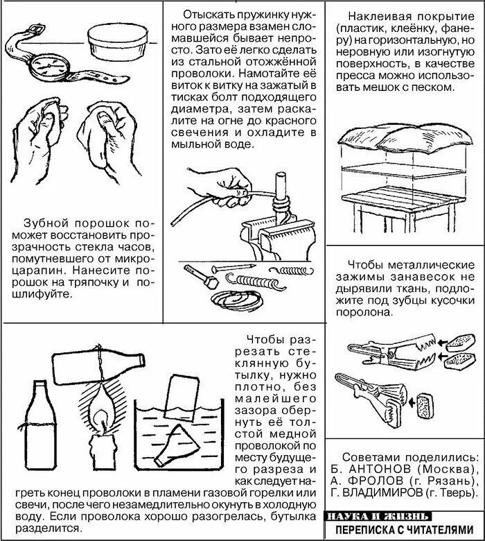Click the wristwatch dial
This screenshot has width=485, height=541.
tap(50, 67)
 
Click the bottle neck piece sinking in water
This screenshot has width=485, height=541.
tap(177, 446)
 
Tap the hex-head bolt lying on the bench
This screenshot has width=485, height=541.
tap(201, 277)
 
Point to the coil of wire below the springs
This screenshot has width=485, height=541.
tap(238, 300)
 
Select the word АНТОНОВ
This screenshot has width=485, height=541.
tap(380, 470)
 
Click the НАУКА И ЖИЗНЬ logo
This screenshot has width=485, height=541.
tap(378, 516)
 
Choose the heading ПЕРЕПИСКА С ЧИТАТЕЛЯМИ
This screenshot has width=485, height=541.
tap(405, 530)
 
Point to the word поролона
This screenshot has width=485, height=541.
tap(364, 313)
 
